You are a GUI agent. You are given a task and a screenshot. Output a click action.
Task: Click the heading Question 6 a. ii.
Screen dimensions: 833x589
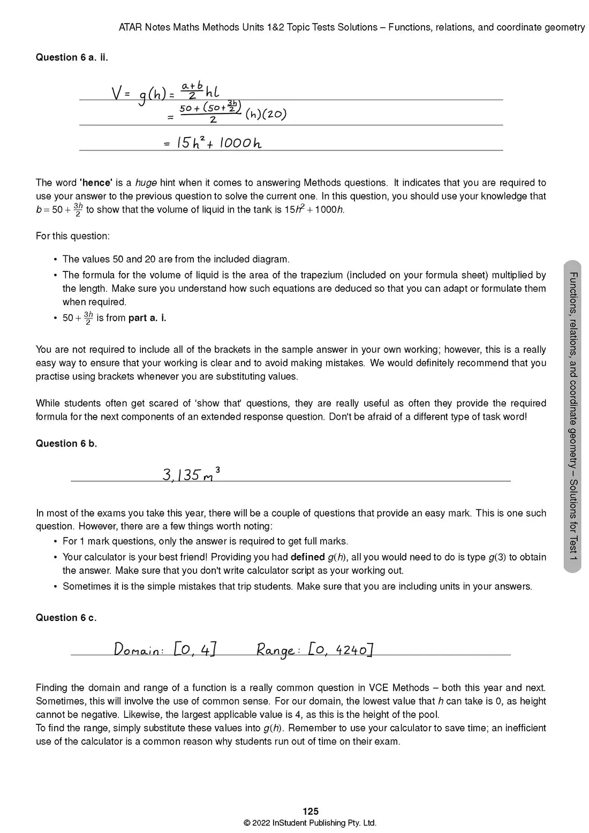pyautogui.click(x=72, y=57)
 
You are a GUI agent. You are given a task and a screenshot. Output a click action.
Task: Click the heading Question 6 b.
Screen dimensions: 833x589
pyautogui.click(x=66, y=443)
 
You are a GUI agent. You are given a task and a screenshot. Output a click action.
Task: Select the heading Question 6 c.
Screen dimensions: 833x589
pyautogui.click(x=66, y=617)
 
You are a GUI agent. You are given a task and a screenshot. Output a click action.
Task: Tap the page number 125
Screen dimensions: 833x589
pyautogui.click(x=311, y=812)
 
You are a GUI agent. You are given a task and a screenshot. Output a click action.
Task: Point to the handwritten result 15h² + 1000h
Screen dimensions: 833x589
pyautogui.click(x=218, y=143)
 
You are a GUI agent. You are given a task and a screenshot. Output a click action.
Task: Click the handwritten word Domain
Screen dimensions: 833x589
pyautogui.click(x=138, y=650)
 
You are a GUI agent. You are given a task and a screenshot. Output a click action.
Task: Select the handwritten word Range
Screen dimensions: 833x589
pyautogui.click(x=275, y=650)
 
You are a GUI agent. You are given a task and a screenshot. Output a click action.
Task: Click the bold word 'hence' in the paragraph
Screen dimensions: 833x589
pyautogui.click(x=95, y=183)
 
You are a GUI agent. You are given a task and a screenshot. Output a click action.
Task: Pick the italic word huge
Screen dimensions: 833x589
pyautogui.click(x=146, y=183)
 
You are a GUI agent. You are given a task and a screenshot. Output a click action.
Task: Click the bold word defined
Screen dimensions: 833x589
pyautogui.click(x=307, y=557)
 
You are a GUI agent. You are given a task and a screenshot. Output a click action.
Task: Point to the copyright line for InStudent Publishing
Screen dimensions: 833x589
pyautogui.click(x=310, y=823)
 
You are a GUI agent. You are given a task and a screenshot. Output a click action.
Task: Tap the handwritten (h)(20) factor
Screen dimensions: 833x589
pyautogui.click(x=266, y=114)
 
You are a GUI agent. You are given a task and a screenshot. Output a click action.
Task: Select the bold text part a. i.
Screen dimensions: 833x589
pyautogui.click(x=147, y=318)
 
